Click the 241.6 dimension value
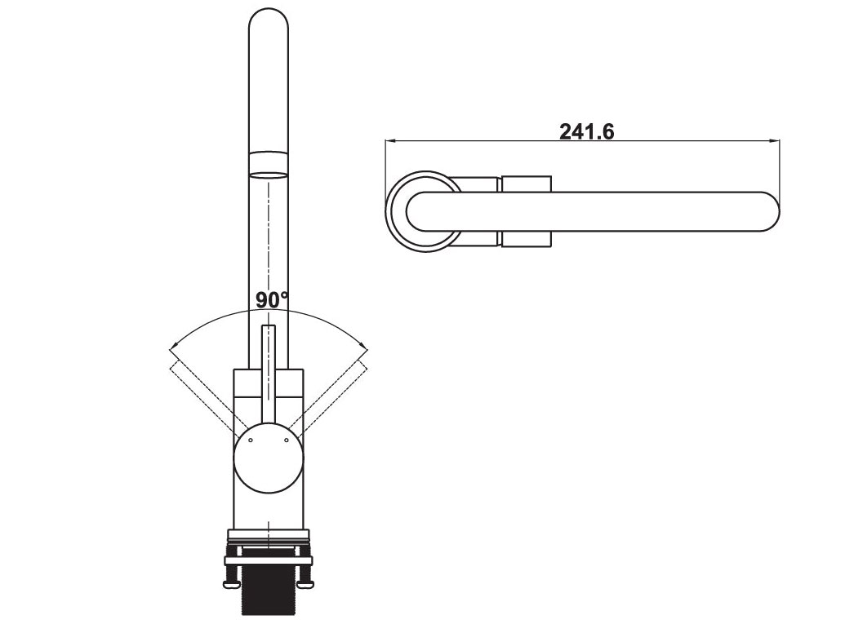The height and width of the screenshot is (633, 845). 586,131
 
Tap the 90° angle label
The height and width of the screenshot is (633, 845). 272,300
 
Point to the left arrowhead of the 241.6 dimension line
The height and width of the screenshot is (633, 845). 390,141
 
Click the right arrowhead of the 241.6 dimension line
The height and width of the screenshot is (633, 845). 775,141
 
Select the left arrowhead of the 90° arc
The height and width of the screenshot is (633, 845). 172,347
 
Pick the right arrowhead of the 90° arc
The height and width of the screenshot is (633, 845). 364,347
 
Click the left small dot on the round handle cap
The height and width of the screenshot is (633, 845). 251,440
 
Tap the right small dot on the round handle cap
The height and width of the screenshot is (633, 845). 287,440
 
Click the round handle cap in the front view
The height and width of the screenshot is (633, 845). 269,461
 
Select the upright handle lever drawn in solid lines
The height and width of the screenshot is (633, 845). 269,367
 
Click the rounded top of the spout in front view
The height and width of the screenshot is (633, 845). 269,20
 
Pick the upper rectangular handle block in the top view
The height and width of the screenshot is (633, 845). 527,184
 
